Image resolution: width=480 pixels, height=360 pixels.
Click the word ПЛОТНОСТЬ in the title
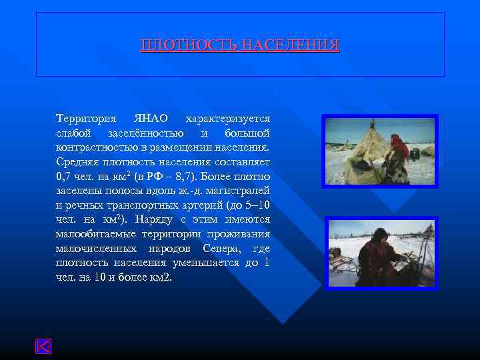click(189, 46)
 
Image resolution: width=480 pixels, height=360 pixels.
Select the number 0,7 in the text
click(64, 177)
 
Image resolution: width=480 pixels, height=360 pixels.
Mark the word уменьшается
click(205, 263)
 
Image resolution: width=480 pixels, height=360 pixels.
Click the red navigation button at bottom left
click(43, 346)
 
